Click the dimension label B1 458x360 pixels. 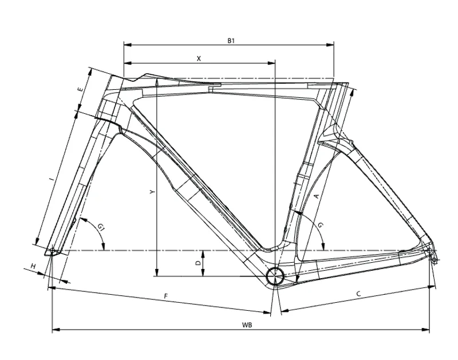click(x=231, y=40)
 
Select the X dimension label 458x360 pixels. click(x=199, y=58)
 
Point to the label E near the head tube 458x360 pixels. click(x=81, y=90)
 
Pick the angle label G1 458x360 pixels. click(x=101, y=229)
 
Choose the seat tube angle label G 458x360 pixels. click(x=321, y=226)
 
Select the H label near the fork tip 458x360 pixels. click(x=34, y=267)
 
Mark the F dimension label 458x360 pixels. click(x=165, y=296)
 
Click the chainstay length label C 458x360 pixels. click(x=358, y=294)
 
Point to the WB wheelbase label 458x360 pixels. click(x=247, y=325)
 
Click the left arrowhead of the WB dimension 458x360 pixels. click(x=55, y=330)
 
